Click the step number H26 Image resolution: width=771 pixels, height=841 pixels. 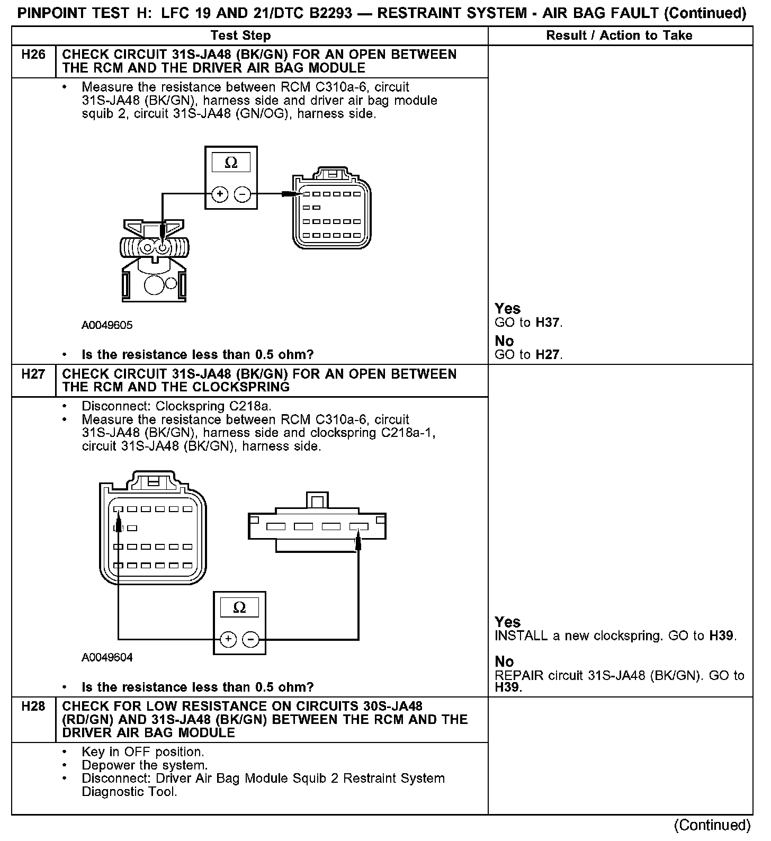[33, 55]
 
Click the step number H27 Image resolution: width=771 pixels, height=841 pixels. [33, 374]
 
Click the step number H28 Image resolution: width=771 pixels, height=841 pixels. [33, 706]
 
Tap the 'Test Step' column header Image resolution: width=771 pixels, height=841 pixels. [240, 35]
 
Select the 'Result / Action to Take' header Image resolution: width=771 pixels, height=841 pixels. [619, 35]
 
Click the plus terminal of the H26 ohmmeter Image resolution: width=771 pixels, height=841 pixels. [220, 194]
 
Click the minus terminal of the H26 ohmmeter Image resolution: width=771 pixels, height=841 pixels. [243, 194]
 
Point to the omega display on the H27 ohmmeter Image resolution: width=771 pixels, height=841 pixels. [239, 607]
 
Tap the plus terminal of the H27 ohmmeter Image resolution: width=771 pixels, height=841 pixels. [228, 639]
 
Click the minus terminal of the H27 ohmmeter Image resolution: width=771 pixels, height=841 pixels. [250, 639]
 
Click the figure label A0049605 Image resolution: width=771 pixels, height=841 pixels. [107, 325]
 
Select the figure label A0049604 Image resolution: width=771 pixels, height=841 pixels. [107, 657]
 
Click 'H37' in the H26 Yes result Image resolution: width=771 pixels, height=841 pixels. [548, 323]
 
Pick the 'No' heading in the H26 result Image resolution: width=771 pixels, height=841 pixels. [504, 341]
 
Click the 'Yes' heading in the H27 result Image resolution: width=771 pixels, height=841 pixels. [507, 622]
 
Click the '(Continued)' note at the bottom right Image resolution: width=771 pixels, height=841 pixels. [712, 825]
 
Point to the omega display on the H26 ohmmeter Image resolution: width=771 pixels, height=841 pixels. [231, 163]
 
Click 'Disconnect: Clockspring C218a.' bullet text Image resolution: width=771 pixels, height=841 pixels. [176, 406]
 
